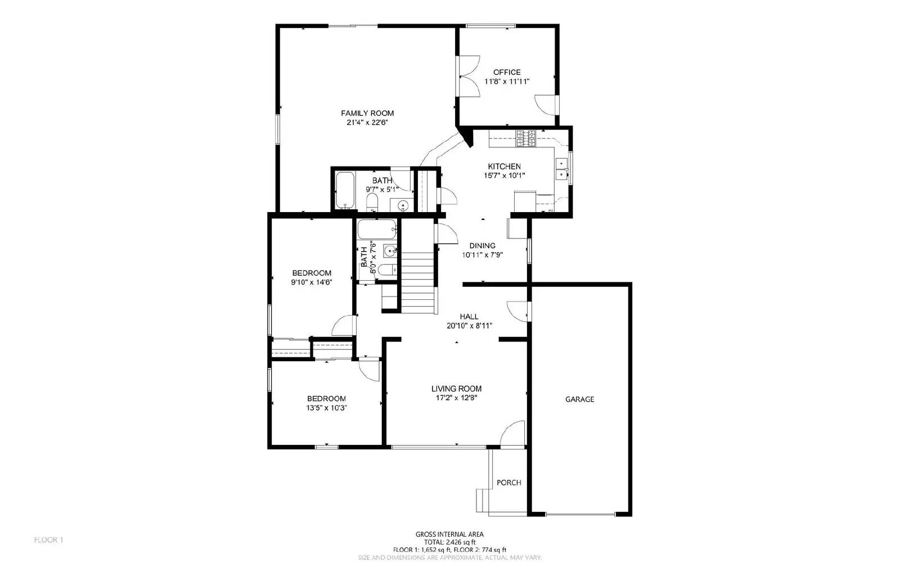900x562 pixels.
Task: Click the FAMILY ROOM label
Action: pos(367,113)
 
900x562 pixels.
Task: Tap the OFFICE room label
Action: pos(507,72)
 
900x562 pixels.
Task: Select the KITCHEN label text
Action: pos(504,167)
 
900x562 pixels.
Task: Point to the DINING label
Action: pos(483,245)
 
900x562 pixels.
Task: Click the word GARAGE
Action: pos(579,399)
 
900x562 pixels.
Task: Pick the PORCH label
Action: pos(508,483)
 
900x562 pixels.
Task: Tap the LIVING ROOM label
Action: pos(456,389)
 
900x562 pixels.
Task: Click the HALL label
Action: pos(469,317)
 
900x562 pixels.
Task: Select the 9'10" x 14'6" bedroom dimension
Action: pos(311,282)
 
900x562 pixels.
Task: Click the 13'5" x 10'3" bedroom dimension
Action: pos(326,408)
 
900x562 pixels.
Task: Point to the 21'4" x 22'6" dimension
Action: pos(367,122)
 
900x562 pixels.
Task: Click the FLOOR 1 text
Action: pos(48,540)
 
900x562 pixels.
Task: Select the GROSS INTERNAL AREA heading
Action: pos(449,534)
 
